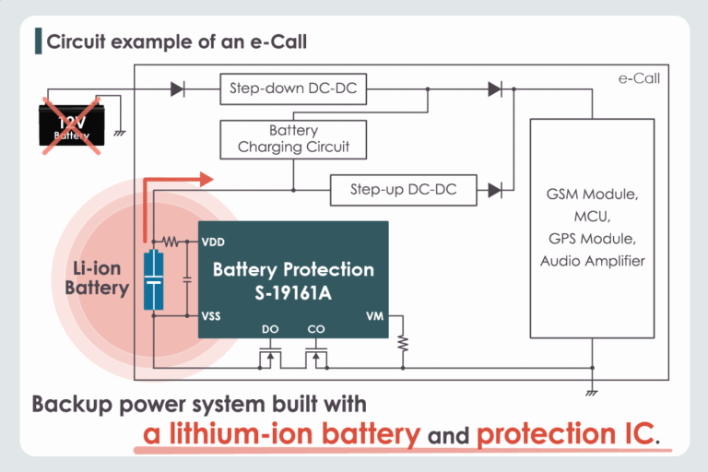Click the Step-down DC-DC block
pos(293,90)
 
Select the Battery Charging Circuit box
pos(293,139)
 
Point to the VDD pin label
pos(212,243)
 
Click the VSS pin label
pos(211,315)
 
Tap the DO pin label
pos(270,328)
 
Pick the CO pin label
pos(315,328)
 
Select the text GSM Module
pos(592,195)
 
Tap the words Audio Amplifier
pos(592,261)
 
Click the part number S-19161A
pos(293,293)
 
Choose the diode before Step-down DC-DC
pos(177,90)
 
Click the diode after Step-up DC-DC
pos(494,191)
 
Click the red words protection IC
pos(566,433)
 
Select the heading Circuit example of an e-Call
pos(176,41)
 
